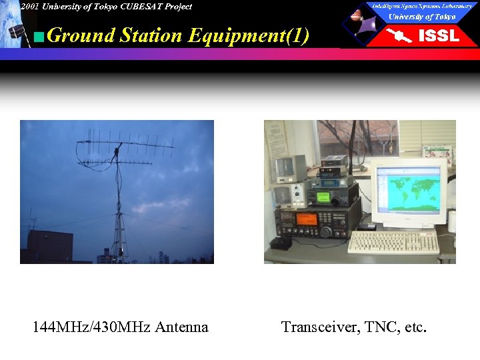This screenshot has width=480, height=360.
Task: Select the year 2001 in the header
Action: coord(30,7)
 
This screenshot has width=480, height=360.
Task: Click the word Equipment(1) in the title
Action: coord(249,35)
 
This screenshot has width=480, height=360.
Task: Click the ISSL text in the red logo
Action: coord(438,36)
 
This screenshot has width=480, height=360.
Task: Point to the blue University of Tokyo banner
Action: coord(422,17)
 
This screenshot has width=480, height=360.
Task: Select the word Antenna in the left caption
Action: coord(181,327)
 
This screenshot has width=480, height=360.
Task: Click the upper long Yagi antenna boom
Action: coord(127,142)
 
